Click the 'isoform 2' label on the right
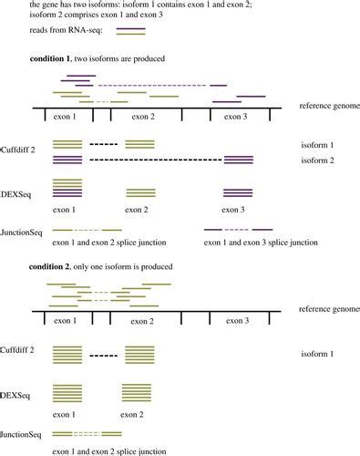coord(318,161)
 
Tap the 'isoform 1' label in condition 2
coord(318,352)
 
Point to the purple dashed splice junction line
coord(239,229)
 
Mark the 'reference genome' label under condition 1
coord(329,107)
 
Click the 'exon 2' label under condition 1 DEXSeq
coord(138,209)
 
